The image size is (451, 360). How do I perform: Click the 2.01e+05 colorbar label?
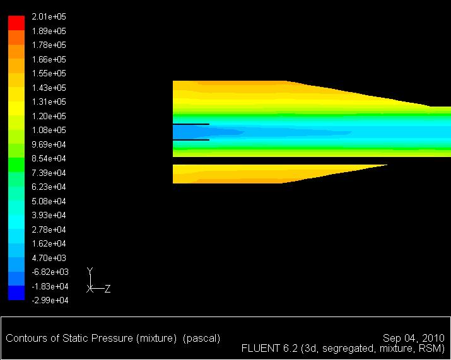(49, 16)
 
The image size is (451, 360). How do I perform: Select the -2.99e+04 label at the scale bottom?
(50, 300)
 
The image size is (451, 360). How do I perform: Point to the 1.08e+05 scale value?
(49, 130)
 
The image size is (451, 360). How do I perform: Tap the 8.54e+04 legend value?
(49, 158)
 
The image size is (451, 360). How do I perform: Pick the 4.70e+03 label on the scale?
(49, 258)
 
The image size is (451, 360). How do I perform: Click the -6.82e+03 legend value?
(50, 272)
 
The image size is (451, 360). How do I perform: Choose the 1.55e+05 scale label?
(49, 73)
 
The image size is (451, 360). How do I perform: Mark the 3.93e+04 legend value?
(49, 215)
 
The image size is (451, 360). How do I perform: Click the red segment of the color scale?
(16, 23)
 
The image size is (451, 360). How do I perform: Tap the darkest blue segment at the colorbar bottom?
(16, 293)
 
